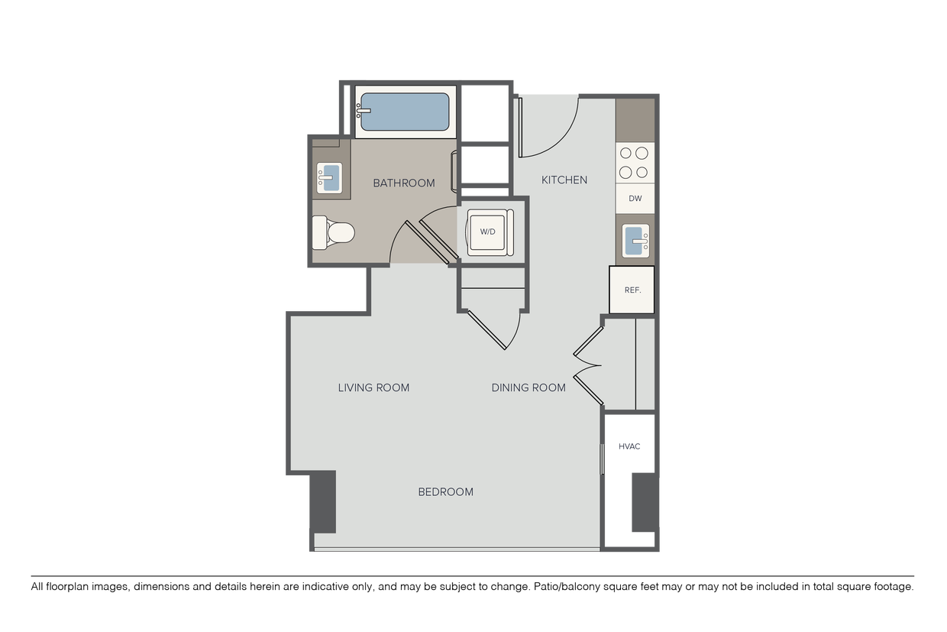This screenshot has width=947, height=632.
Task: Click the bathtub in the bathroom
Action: (x=405, y=112)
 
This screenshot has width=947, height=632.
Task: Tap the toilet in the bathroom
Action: (x=333, y=232)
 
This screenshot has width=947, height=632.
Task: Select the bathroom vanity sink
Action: (x=329, y=178)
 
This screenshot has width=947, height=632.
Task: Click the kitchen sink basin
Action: (x=635, y=241)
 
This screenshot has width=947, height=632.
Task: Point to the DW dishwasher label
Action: (x=635, y=199)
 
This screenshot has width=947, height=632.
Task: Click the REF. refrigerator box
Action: (x=632, y=290)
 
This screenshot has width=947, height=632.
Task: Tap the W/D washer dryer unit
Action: (x=490, y=232)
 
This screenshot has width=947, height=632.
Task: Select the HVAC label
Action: (x=629, y=446)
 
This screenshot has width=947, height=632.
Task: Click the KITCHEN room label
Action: (x=564, y=180)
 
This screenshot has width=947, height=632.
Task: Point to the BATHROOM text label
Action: (x=404, y=183)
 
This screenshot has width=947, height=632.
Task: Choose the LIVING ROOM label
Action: (x=373, y=387)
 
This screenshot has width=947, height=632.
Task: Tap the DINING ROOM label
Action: (x=528, y=387)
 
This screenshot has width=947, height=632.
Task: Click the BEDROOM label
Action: (x=445, y=492)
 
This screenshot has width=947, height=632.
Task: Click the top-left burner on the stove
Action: (x=625, y=153)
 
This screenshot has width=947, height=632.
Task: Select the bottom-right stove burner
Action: (x=642, y=172)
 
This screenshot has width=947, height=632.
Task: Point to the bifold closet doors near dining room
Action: (x=588, y=365)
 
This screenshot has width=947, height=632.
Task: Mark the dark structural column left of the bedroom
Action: (x=323, y=502)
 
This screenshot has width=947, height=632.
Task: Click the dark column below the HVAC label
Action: (x=645, y=503)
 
